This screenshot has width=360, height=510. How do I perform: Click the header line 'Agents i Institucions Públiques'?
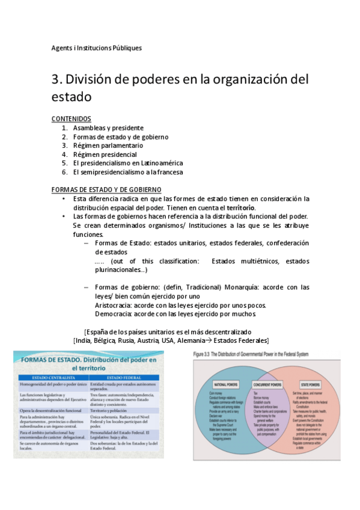[x=97, y=48]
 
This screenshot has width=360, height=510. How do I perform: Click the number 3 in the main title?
[x=56, y=79]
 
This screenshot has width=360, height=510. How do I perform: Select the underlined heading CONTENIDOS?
[x=72, y=118]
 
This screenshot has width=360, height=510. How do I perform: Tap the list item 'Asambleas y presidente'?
[x=108, y=128]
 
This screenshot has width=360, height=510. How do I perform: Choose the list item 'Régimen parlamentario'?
[x=108, y=146]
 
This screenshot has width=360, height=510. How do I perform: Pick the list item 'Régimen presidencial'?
[x=105, y=155]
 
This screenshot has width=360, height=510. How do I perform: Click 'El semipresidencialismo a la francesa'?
[x=128, y=172]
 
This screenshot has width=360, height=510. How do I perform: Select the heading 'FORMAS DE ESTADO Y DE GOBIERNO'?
[x=106, y=189]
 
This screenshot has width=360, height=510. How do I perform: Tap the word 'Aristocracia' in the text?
[x=114, y=305]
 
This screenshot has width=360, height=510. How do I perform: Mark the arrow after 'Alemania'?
[x=200, y=340]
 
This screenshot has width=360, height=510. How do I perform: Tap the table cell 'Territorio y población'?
[x=114, y=410]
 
